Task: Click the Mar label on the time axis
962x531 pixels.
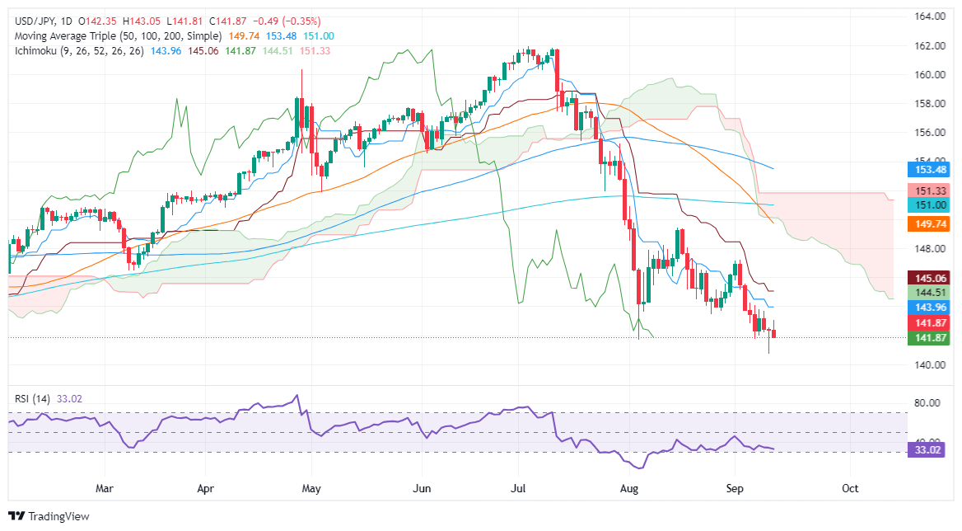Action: (x=104, y=488)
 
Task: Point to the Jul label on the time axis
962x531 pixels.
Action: (x=519, y=488)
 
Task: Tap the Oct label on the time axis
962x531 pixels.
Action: (x=850, y=488)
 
